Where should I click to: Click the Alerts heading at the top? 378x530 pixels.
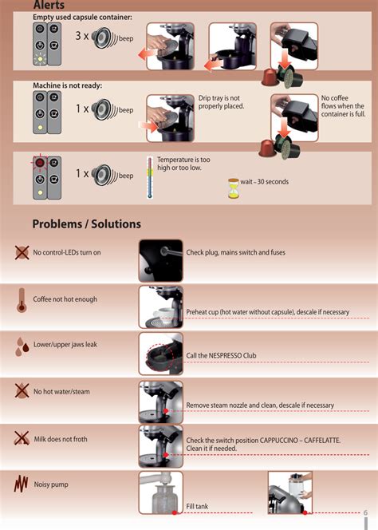[49, 5]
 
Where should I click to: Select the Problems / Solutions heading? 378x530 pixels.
[86, 224]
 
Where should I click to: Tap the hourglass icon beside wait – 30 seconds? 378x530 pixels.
[233, 188]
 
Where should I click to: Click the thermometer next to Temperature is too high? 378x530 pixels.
[150, 177]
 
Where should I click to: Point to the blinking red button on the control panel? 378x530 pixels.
[40, 163]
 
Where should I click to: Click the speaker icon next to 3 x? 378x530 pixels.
[102, 38]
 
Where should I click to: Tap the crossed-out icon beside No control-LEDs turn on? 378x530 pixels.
[22, 252]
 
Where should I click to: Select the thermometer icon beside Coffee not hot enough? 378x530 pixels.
[22, 300]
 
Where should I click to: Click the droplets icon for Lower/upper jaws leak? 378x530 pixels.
[22, 346]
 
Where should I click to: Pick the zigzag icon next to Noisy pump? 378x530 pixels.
[21, 484]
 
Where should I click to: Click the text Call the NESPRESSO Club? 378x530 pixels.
[221, 355]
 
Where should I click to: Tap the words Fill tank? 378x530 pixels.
[197, 506]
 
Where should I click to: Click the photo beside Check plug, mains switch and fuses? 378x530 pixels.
[161, 260]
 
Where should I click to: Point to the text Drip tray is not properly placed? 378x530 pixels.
[221, 102]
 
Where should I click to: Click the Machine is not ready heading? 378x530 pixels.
[67, 86]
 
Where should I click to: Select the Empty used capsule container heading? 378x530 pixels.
[82, 17]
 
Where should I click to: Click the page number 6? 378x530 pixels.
[365, 512]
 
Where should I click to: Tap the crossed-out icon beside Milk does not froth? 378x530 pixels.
[22, 438]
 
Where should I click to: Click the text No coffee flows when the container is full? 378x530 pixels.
[343, 106]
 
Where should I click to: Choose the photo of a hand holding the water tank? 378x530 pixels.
[290, 492]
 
